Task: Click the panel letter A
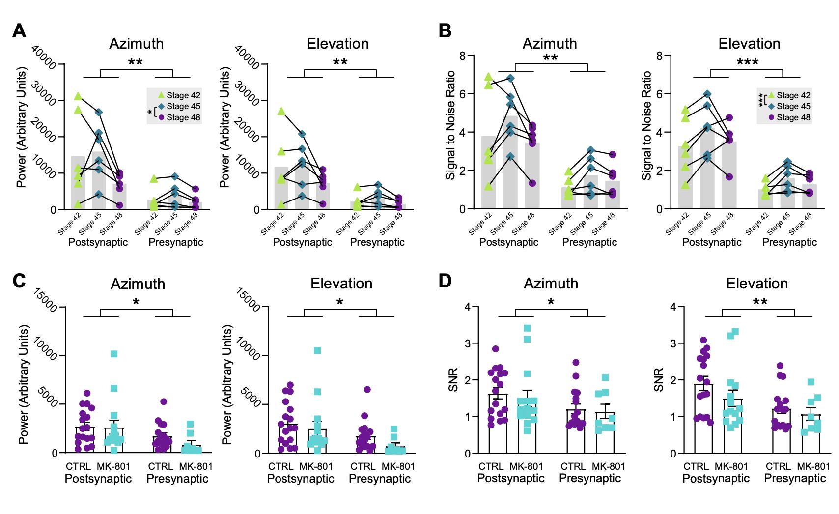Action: click(19, 30)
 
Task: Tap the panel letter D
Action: click(445, 281)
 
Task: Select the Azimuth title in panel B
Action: click(550, 43)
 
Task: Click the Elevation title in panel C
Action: click(341, 284)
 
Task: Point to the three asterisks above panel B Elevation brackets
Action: click(747, 62)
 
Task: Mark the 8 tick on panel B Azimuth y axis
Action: click(462, 56)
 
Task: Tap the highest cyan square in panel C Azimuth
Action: click(114, 354)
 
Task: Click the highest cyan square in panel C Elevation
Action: click(317, 350)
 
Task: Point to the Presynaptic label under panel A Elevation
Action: click(377, 242)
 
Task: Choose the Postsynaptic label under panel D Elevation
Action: click(716, 478)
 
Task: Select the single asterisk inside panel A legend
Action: click(150, 112)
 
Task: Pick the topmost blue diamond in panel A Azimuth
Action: click(98, 113)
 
